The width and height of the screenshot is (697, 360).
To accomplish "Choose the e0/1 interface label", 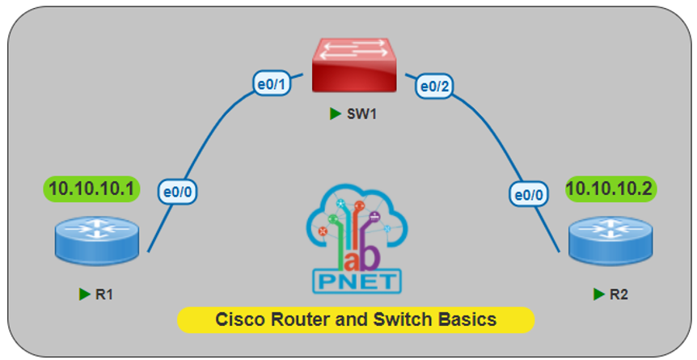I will [x=272, y=85].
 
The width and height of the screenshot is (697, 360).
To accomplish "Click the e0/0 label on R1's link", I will [x=180, y=193].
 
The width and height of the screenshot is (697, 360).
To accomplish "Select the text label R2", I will [x=619, y=294].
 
